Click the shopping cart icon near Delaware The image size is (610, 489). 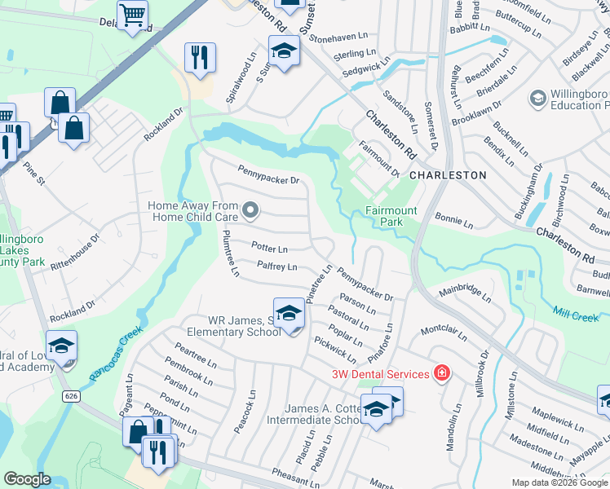tap(132, 15)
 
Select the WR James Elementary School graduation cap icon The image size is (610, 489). tap(289, 314)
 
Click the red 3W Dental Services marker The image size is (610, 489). tap(442, 373)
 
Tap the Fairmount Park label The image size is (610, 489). tap(391, 216)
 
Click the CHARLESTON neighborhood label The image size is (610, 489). tap(448, 175)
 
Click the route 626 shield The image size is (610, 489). tap(72, 395)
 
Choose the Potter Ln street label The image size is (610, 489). tap(269, 248)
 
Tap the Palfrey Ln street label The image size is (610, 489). tap(276, 266)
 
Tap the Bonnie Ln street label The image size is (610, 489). tap(454, 221)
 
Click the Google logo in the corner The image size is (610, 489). tap(27, 479)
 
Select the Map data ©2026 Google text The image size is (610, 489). tap(559, 482)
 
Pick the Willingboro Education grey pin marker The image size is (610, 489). tap(537, 99)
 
